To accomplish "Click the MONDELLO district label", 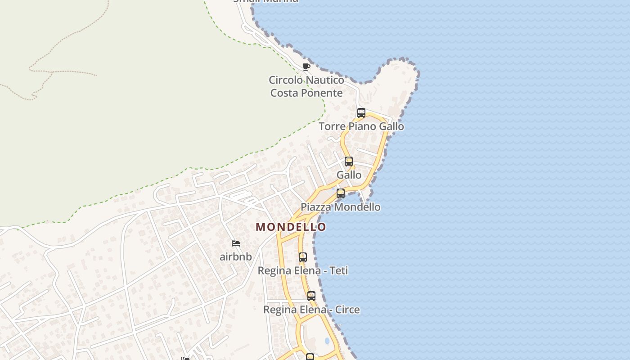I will point(291,227).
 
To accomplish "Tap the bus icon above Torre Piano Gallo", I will point(361,113).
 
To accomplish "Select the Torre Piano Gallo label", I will point(361,126).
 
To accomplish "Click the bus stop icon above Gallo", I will point(348,162).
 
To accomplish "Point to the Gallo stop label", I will point(349,175).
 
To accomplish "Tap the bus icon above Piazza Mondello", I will point(341,193).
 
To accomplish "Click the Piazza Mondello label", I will point(341,207).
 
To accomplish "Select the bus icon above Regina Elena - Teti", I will point(303,257).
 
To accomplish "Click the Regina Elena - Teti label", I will point(303,271).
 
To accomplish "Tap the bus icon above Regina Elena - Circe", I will point(311,296).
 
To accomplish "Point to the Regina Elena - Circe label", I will point(311,310).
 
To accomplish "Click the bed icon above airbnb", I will point(236,243).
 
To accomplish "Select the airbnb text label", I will point(236,257).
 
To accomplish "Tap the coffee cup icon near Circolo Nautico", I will point(306,67).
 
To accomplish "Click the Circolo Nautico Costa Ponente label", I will point(306,86).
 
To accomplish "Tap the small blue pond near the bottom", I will point(327,341).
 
